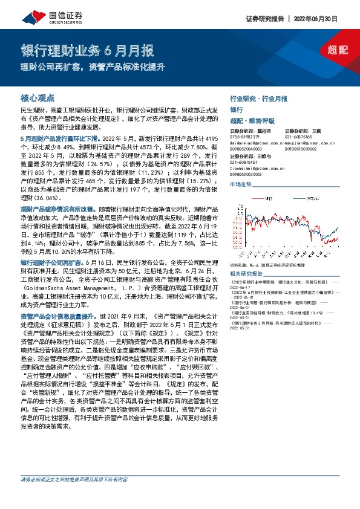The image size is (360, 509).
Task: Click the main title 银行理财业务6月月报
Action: (x=88, y=50)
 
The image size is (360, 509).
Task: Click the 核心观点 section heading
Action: (x=38, y=97)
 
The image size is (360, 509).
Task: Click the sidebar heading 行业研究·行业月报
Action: (x=258, y=98)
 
